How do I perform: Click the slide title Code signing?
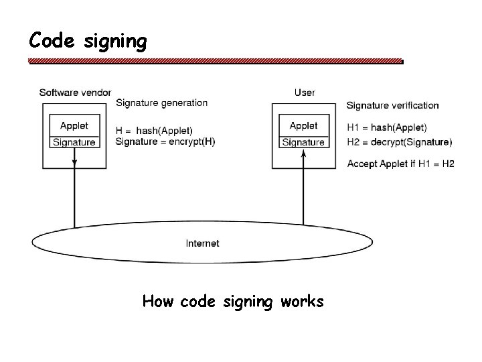88,42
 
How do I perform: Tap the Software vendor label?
75,92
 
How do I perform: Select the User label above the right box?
305,92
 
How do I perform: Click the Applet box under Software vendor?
74,125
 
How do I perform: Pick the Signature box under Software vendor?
74,142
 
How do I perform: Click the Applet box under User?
303,125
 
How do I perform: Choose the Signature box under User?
303,142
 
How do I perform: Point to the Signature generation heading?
161,103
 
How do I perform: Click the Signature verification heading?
392,105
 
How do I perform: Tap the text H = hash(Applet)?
154,130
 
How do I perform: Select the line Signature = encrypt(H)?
165,141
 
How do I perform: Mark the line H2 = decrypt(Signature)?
400,142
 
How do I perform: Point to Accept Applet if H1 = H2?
401,164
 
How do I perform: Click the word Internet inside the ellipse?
202,243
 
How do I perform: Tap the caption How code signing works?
233,302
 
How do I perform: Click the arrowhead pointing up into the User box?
303,154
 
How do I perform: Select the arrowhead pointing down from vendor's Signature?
74,162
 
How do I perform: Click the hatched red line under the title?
216,61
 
